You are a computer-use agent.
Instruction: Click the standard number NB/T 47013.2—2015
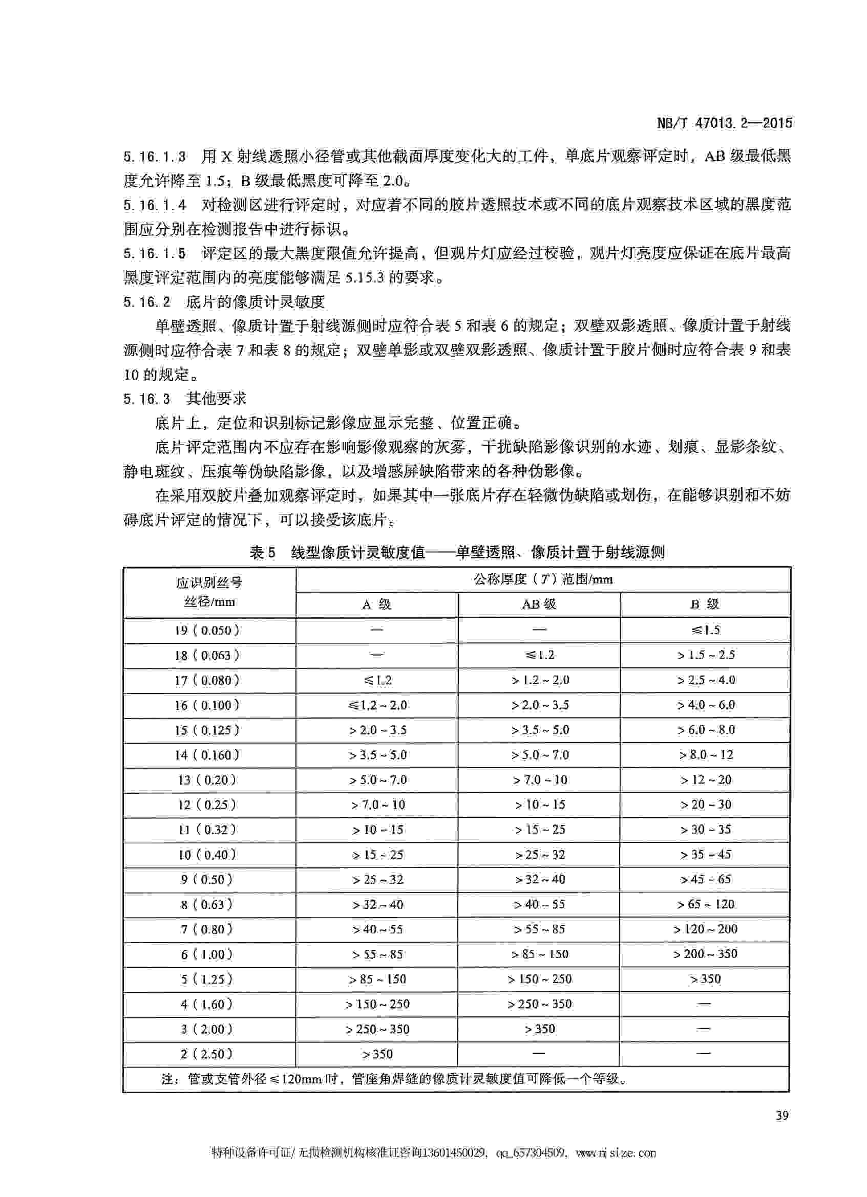click(x=725, y=123)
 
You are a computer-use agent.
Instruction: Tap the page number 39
click(x=782, y=1115)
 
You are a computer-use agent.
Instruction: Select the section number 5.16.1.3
click(x=155, y=157)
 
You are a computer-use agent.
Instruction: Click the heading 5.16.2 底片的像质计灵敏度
click(x=224, y=302)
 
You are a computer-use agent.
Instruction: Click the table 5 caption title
click(x=457, y=553)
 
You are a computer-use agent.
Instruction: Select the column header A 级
click(x=376, y=605)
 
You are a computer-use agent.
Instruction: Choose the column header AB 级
click(x=539, y=604)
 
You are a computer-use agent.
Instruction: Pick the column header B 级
click(x=704, y=604)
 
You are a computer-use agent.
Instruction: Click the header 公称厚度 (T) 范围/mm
click(x=543, y=579)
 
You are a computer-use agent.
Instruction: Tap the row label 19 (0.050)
click(x=207, y=630)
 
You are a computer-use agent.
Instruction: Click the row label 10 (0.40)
click(x=207, y=855)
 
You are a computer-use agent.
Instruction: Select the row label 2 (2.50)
click(x=207, y=1054)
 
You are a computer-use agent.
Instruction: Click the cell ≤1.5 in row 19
click(x=705, y=630)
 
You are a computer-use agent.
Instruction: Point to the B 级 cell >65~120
click(x=705, y=905)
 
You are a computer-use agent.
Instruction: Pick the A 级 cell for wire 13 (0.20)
click(x=377, y=780)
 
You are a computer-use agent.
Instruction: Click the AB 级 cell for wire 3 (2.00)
click(x=540, y=1029)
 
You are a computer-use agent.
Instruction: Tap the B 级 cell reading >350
click(x=705, y=979)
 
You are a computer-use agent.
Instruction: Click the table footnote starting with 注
click(x=393, y=1079)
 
